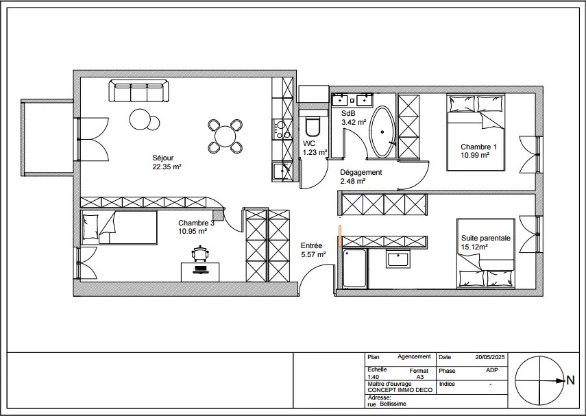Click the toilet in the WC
tap(313, 127)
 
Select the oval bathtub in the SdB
tap(382, 132)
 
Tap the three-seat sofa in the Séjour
tap(138, 90)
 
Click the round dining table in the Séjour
tap(225, 136)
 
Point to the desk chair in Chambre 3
tap(200, 253)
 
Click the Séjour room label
tap(163, 158)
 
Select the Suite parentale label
tap(485, 238)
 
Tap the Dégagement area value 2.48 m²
tap(352, 182)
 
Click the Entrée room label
tap(311, 245)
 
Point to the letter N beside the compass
tap(570, 380)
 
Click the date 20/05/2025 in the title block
tap(490, 357)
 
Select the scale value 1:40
tap(373, 377)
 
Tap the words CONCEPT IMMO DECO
tap(400, 390)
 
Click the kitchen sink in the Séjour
tap(282, 172)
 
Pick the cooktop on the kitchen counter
tap(282, 130)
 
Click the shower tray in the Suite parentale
tap(354, 269)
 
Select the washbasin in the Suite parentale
tap(398, 258)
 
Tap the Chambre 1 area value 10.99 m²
tap(475, 155)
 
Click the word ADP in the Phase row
tap(492, 370)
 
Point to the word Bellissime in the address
tap(393, 404)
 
